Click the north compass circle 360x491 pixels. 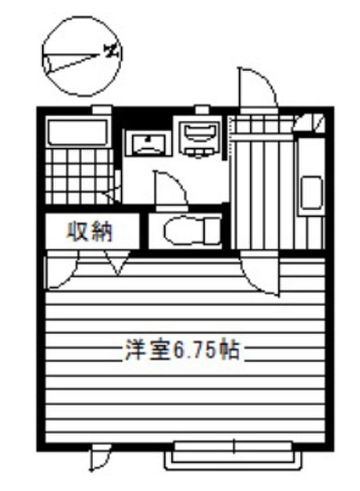tap(81, 56)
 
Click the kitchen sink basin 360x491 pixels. tap(311, 193)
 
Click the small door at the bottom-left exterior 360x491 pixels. tap(98, 458)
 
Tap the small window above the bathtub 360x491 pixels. tap(100, 109)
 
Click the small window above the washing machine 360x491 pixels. tap(202, 109)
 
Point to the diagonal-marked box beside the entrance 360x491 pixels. tap(311, 122)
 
